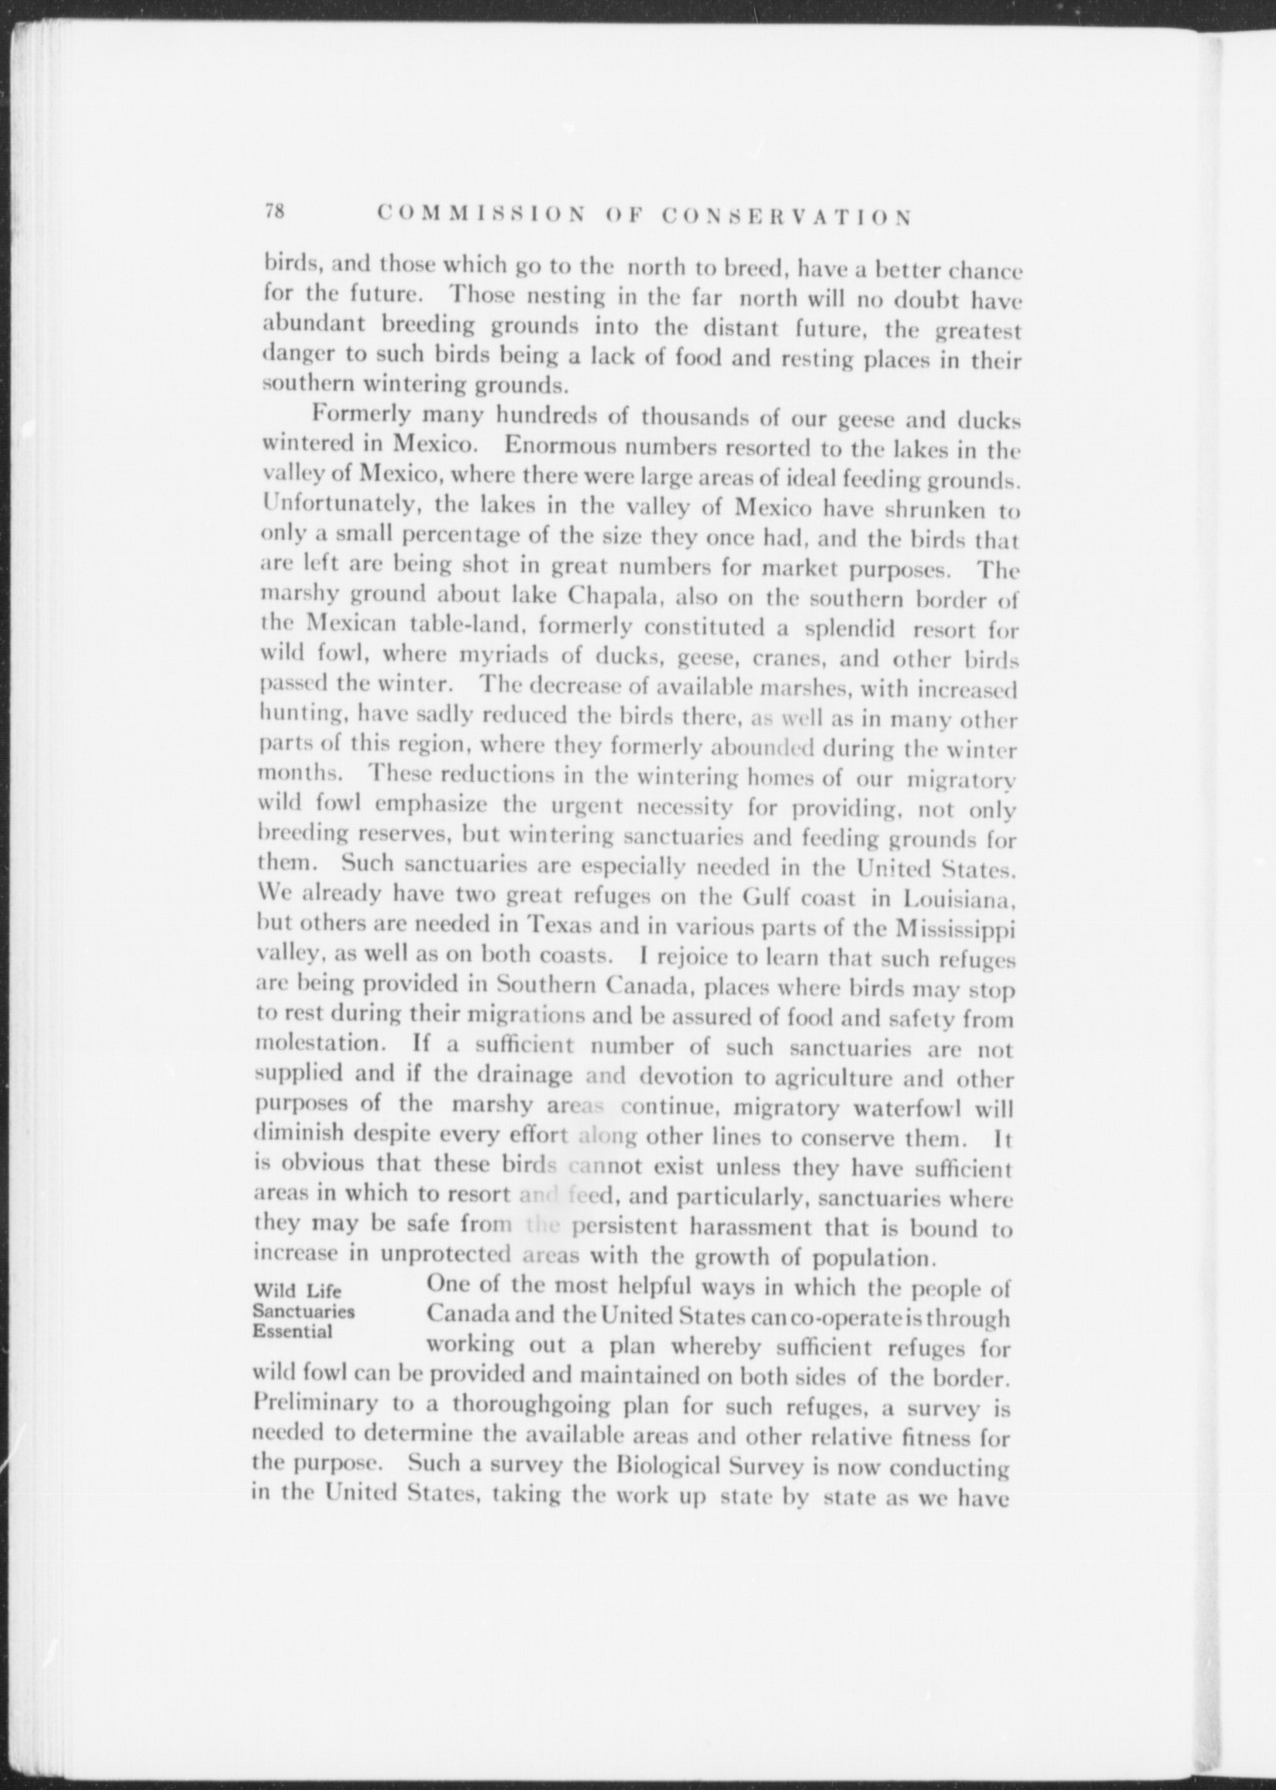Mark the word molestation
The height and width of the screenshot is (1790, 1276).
(317, 1044)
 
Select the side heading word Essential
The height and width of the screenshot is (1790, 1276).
(292, 1331)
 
